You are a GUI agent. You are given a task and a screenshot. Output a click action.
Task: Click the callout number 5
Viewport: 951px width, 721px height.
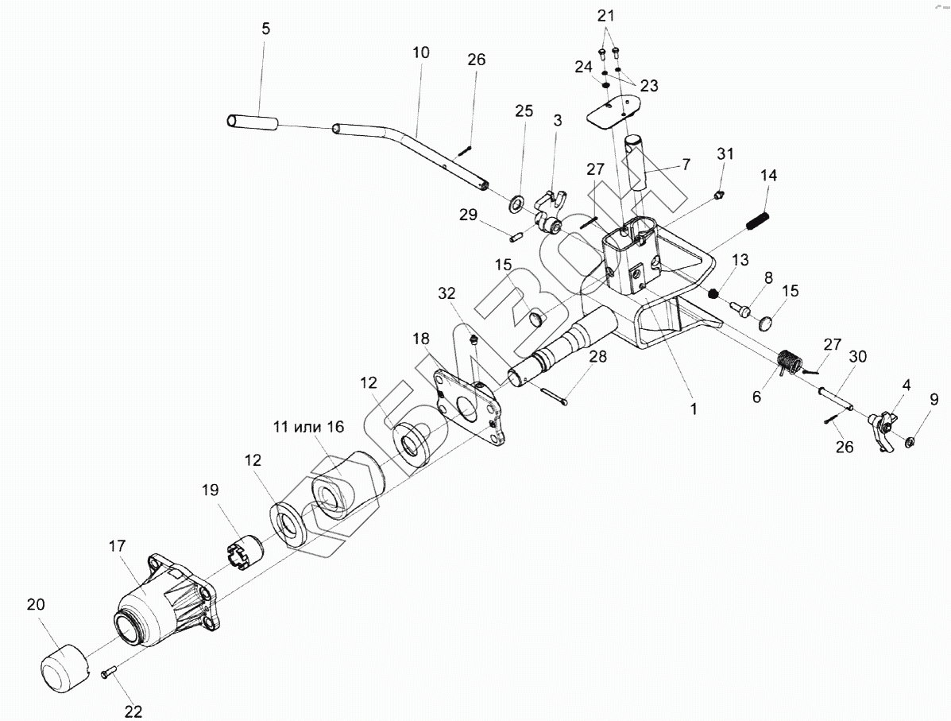tap(265, 29)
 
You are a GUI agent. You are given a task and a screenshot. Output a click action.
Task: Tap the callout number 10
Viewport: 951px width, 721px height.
tap(421, 53)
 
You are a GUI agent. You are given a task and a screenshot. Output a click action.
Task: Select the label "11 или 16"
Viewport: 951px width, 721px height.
tap(307, 427)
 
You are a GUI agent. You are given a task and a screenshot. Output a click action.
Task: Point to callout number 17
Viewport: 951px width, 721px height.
tap(117, 546)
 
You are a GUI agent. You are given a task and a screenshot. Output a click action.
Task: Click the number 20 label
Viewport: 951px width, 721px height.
tap(36, 604)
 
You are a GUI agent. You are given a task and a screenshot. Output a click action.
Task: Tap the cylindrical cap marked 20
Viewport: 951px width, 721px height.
tap(64, 661)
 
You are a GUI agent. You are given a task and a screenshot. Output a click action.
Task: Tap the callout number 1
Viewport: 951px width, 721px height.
tap(693, 409)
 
